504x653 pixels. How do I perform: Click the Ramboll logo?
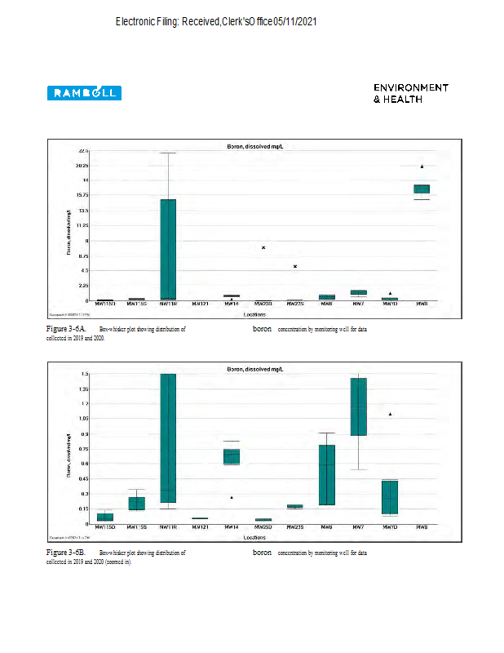click(84, 93)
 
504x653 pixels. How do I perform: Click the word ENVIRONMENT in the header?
click(411, 87)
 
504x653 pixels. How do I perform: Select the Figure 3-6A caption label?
click(66, 328)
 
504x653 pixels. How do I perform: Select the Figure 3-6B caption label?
click(66, 553)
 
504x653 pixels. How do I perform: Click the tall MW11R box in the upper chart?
click(167, 249)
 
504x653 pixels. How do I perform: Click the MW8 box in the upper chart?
click(422, 189)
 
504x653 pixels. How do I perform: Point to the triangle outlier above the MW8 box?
click(422, 167)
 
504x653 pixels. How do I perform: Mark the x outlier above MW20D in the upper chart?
click(263, 247)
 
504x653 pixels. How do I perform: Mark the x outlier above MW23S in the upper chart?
click(295, 266)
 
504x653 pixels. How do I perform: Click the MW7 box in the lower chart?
click(358, 406)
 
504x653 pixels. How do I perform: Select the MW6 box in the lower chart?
click(326, 475)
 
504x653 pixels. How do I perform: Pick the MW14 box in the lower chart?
click(232, 456)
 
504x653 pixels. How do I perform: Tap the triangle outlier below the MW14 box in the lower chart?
click(232, 497)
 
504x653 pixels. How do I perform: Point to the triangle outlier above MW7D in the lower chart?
click(390, 414)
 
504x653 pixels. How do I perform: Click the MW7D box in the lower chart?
click(390, 496)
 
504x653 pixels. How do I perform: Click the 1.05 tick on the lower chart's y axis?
click(83, 418)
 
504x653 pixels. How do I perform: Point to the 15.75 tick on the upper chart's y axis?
click(82, 195)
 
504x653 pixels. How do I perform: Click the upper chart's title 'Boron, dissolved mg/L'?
click(255, 146)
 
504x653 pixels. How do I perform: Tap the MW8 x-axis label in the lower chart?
click(422, 528)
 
